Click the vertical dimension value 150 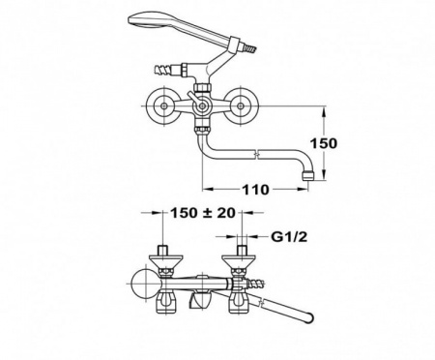click(328, 143)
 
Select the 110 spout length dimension click(254, 189)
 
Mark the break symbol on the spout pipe click(253, 153)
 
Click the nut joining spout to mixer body click(201, 128)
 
